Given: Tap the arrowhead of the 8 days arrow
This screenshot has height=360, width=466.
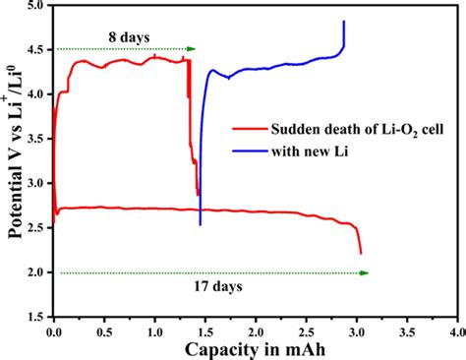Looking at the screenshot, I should coord(192,48).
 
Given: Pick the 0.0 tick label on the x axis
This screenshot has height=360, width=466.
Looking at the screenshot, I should coord(53,331).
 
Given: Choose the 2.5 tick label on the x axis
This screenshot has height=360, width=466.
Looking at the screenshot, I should coord(305,331).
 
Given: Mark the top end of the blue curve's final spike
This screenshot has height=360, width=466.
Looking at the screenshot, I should coord(343,21).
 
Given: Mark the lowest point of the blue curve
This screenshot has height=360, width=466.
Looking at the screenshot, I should coord(200,224).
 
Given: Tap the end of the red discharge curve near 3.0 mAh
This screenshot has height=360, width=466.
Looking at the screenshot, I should coord(361,254).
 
